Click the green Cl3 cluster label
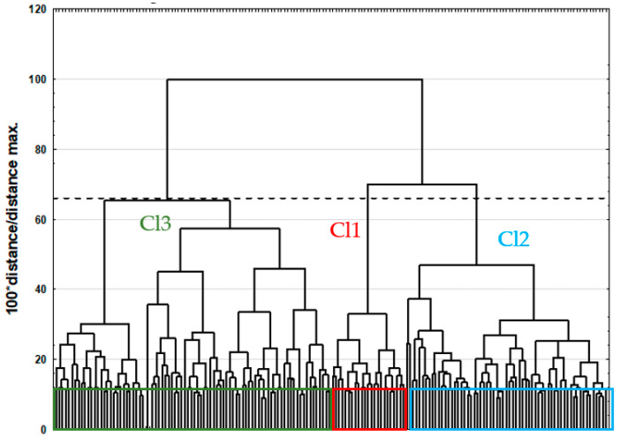click(161, 223)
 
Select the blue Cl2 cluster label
click(513, 238)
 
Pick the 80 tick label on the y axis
click(38, 149)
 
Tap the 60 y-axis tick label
click(38, 219)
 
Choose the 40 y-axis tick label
click(38, 289)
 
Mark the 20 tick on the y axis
click(38, 359)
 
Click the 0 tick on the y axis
click(42, 429)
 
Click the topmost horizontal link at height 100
click(295, 79)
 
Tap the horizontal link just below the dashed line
click(167, 201)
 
